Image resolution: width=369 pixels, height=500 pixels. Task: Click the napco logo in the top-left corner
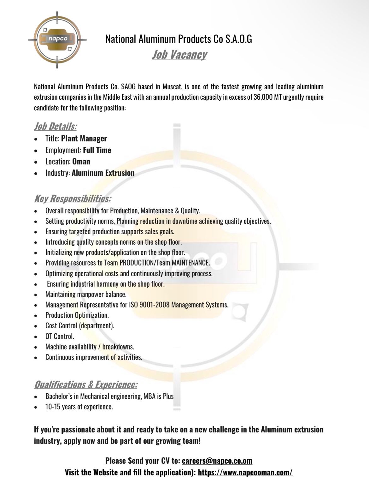click(x=57, y=39)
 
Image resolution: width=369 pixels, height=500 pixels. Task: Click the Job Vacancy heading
click(x=179, y=54)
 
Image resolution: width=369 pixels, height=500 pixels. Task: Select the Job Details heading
click(x=56, y=127)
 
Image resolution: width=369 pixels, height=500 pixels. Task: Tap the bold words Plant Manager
click(x=84, y=139)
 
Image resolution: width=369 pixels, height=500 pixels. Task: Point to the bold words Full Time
click(x=97, y=150)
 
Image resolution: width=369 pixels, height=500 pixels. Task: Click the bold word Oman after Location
click(x=81, y=162)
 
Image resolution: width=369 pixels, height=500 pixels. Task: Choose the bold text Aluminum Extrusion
click(x=103, y=173)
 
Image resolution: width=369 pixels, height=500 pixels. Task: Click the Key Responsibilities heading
click(x=73, y=199)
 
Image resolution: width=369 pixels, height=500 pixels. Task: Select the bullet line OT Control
click(x=60, y=336)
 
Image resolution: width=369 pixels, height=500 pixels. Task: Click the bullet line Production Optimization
click(x=77, y=315)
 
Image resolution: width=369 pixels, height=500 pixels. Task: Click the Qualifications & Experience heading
click(x=86, y=384)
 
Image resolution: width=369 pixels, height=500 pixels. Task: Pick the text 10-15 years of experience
click(x=79, y=407)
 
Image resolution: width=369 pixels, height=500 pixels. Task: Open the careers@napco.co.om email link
click(x=217, y=461)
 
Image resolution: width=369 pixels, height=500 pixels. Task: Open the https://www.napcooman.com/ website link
click(x=245, y=473)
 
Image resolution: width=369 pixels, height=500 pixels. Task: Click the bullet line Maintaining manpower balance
click(x=86, y=295)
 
